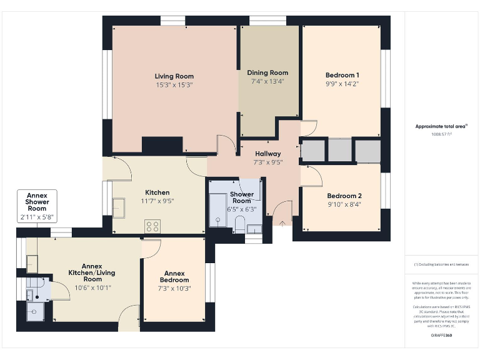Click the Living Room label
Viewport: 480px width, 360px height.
point(174,76)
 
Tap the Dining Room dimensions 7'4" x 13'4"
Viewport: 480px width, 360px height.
point(267,81)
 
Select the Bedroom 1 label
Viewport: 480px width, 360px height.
point(342,75)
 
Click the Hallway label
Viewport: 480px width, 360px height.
point(268,154)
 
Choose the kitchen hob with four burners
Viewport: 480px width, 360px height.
point(152,226)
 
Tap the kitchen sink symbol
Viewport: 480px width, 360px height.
point(119,206)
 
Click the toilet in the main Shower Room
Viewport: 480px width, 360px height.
point(240,227)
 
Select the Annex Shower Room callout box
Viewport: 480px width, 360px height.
point(37,206)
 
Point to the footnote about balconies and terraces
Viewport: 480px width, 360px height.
point(441,264)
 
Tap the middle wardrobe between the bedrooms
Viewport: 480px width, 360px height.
point(340,151)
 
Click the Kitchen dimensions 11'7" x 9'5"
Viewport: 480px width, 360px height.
point(157,201)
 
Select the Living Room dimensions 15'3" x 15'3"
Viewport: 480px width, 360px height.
point(174,84)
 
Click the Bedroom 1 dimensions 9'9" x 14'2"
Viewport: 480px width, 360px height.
point(342,83)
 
